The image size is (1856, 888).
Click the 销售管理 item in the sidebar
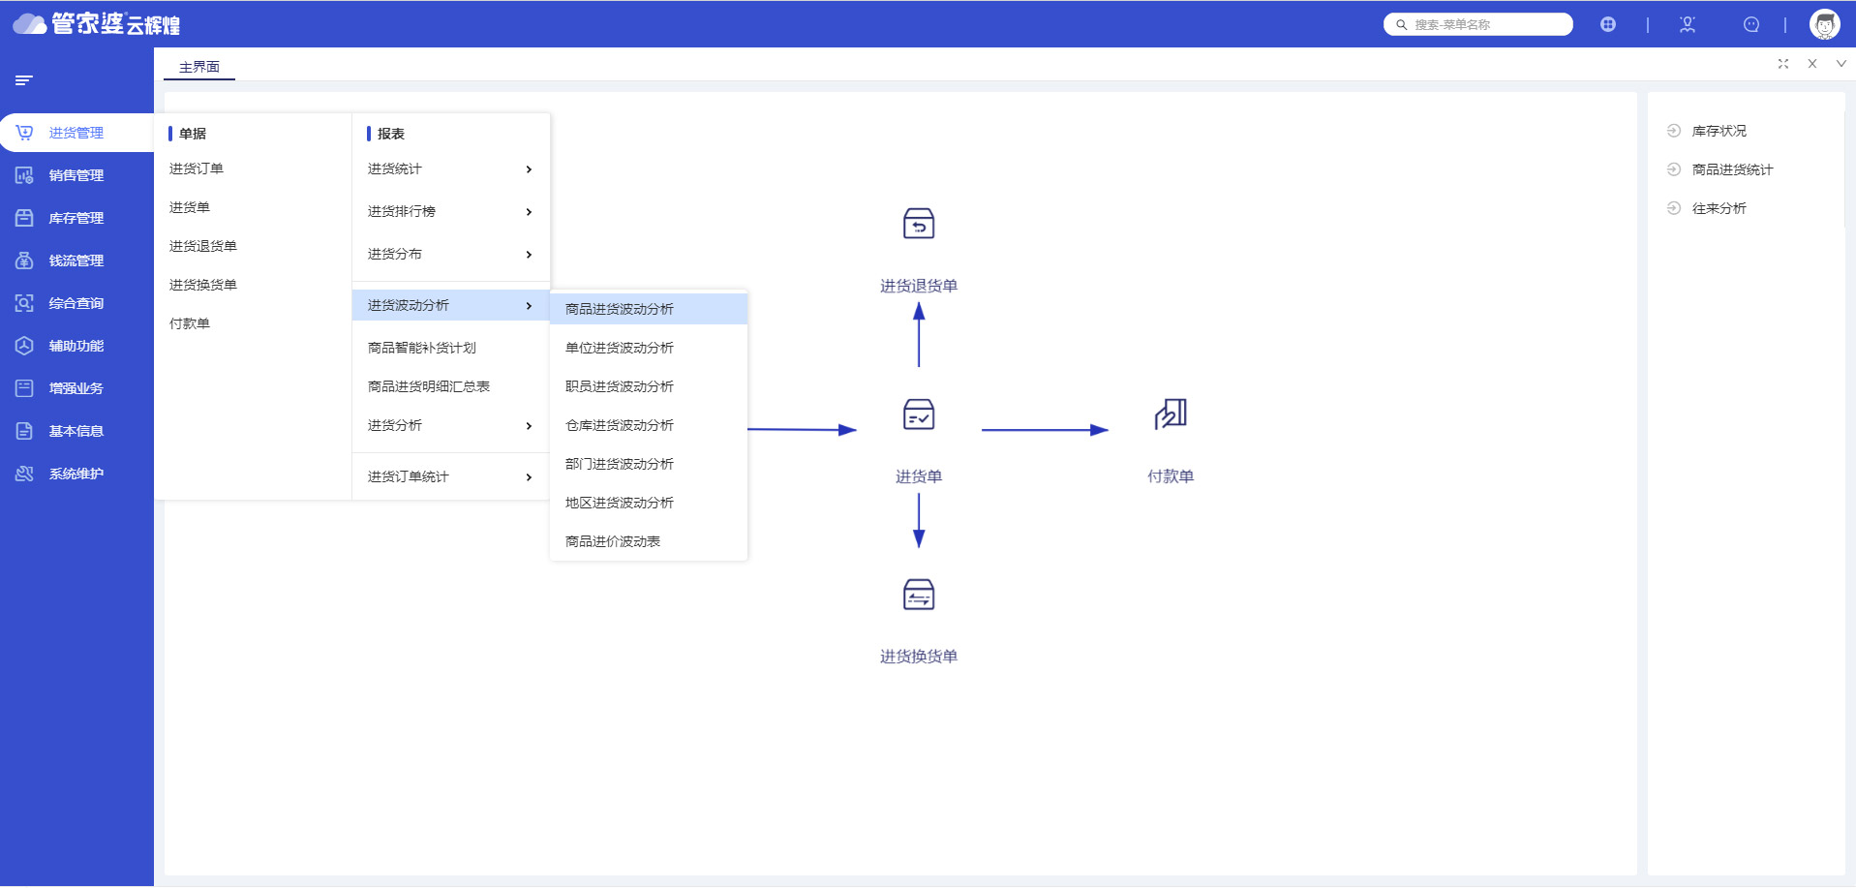(x=76, y=175)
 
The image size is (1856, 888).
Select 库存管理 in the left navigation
(x=76, y=218)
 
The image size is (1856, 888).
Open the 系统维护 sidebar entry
(x=76, y=474)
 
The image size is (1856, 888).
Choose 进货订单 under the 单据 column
(x=197, y=168)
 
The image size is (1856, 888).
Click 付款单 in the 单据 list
(x=190, y=323)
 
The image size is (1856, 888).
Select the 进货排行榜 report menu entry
(x=402, y=211)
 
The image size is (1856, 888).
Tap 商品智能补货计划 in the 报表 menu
(x=422, y=348)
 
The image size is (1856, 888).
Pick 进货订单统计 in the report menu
(x=409, y=476)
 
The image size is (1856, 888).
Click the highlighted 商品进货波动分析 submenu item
(x=620, y=309)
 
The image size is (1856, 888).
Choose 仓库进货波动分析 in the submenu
(x=620, y=425)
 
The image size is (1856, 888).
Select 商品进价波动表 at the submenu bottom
(x=613, y=541)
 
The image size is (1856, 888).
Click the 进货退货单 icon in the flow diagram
(x=919, y=224)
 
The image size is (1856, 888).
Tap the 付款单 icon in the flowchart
(x=1171, y=413)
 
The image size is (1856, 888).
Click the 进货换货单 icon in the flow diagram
(x=919, y=595)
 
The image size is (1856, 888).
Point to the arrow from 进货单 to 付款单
(x=1045, y=430)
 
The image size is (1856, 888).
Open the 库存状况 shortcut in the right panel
(x=1719, y=131)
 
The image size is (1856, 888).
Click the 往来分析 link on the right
(x=1719, y=208)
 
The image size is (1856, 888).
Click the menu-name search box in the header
(x=1478, y=24)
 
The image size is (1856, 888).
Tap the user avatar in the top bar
(x=1825, y=24)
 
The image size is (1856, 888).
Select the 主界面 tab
(x=199, y=67)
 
